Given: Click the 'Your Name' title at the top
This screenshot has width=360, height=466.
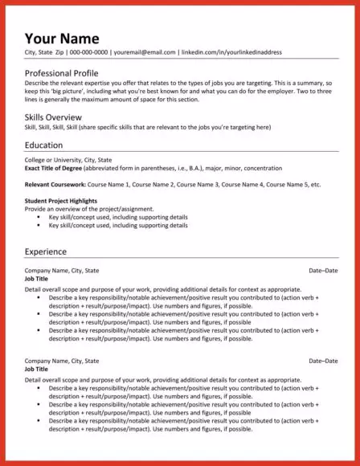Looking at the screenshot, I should click(x=62, y=38).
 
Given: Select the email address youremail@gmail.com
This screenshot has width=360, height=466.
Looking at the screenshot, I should click(x=145, y=52).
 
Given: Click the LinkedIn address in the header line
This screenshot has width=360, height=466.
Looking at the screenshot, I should click(x=232, y=52).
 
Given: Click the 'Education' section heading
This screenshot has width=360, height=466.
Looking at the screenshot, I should click(x=44, y=145).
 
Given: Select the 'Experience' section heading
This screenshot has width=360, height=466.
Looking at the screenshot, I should click(x=47, y=251).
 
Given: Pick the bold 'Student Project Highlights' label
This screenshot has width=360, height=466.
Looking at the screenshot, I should click(x=63, y=200).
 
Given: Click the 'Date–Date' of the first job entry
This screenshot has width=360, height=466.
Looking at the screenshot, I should click(x=323, y=271).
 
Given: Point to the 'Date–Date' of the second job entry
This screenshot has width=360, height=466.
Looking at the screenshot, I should click(x=323, y=362).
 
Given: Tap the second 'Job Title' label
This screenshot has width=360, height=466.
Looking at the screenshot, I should click(x=37, y=370).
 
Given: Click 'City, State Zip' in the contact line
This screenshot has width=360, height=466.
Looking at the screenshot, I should click(x=44, y=52).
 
